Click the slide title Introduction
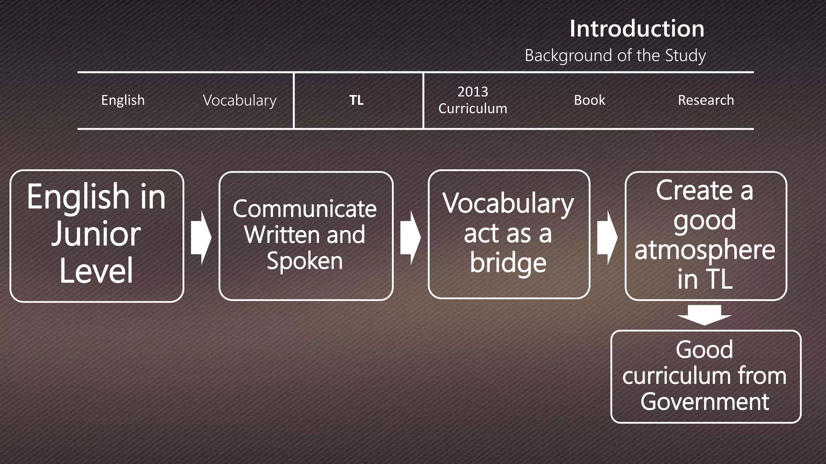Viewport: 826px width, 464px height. coord(637,29)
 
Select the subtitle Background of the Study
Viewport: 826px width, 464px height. coord(615,55)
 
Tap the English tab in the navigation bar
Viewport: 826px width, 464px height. coord(123,100)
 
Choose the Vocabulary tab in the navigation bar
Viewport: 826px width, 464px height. coord(240,100)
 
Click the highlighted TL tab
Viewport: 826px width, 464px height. coord(357,100)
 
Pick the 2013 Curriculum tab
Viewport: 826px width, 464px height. coord(473,100)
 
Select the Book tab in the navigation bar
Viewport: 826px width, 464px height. coord(589,100)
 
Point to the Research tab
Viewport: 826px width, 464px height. coord(706,100)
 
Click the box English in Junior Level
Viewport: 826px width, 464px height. coord(97,236)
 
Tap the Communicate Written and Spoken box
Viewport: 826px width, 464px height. coord(306,236)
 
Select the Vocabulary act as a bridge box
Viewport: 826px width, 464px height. coord(509,234)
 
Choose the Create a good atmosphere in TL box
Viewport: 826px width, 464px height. coord(705,236)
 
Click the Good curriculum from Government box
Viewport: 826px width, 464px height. coord(705,376)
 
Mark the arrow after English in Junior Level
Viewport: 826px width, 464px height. coord(201,238)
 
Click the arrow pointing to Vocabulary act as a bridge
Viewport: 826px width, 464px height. coord(410,238)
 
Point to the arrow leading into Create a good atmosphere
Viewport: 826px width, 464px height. coord(607,238)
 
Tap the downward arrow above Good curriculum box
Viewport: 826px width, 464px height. coord(705,315)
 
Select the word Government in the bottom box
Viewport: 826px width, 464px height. coord(705,402)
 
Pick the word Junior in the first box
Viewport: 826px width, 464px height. coord(96,234)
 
